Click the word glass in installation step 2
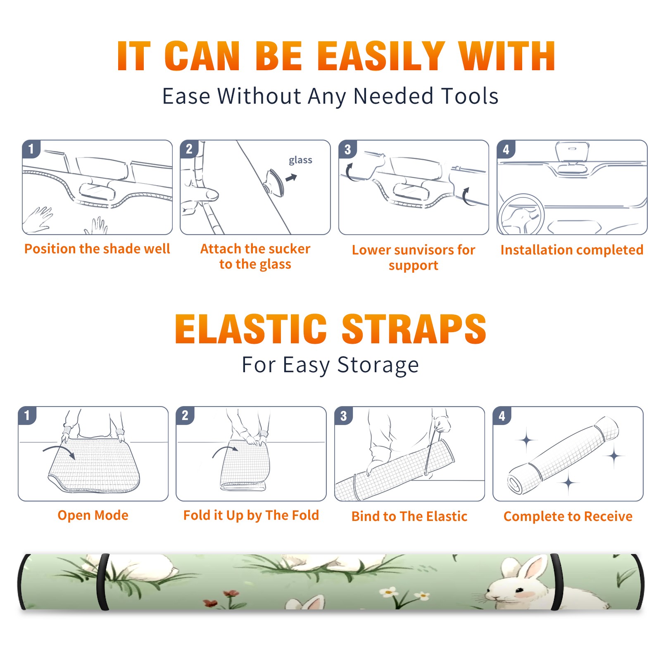pos(300,160)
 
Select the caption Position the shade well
pos(97,249)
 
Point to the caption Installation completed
pos(572,250)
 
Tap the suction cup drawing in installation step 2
pos(274,182)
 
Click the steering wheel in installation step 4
pos(521,215)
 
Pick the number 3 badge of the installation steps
pos(347,149)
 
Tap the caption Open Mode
pos(93,515)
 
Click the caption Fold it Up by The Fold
pos(251,516)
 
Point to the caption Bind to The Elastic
pos(409,516)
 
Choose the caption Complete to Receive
pos(568,516)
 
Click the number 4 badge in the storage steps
pos(502,416)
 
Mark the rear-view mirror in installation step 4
pos(572,152)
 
